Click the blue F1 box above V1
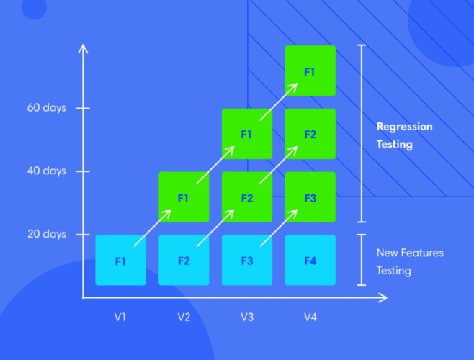point(120,260)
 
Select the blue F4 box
point(310,260)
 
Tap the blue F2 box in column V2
point(184,260)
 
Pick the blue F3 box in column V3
point(246,260)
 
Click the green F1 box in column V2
point(184,197)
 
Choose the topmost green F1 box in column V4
point(310,71)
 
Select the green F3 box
point(310,197)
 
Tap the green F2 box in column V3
point(246,197)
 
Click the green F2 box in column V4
point(310,134)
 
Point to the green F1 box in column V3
point(246,134)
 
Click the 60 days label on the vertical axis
point(47,108)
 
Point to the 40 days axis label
point(47,171)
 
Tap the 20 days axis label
point(47,234)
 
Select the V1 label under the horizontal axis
point(120,316)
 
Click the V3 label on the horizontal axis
point(246,316)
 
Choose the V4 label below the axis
point(310,316)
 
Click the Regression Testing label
point(404,135)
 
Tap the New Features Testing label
point(410,262)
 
